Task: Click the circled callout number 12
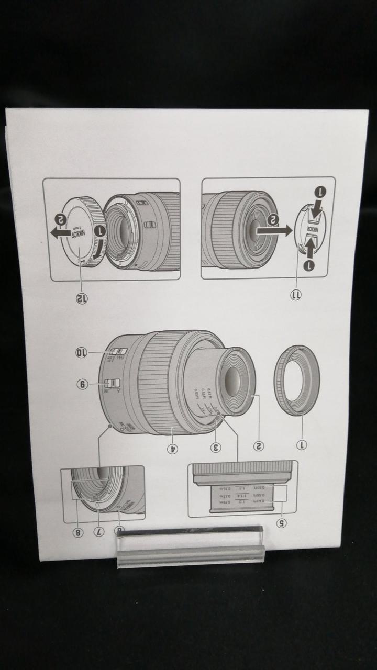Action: tap(82, 298)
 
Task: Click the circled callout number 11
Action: tap(296, 295)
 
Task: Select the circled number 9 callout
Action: tap(83, 384)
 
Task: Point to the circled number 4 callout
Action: tap(171, 448)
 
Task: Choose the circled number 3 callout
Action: tap(216, 447)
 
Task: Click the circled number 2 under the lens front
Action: tap(258, 446)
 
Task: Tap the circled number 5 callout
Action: tap(281, 522)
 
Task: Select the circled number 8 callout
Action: tap(77, 532)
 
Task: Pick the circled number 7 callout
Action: tap(99, 531)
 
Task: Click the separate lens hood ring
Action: tap(296, 380)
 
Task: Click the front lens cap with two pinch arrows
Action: tap(310, 230)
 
